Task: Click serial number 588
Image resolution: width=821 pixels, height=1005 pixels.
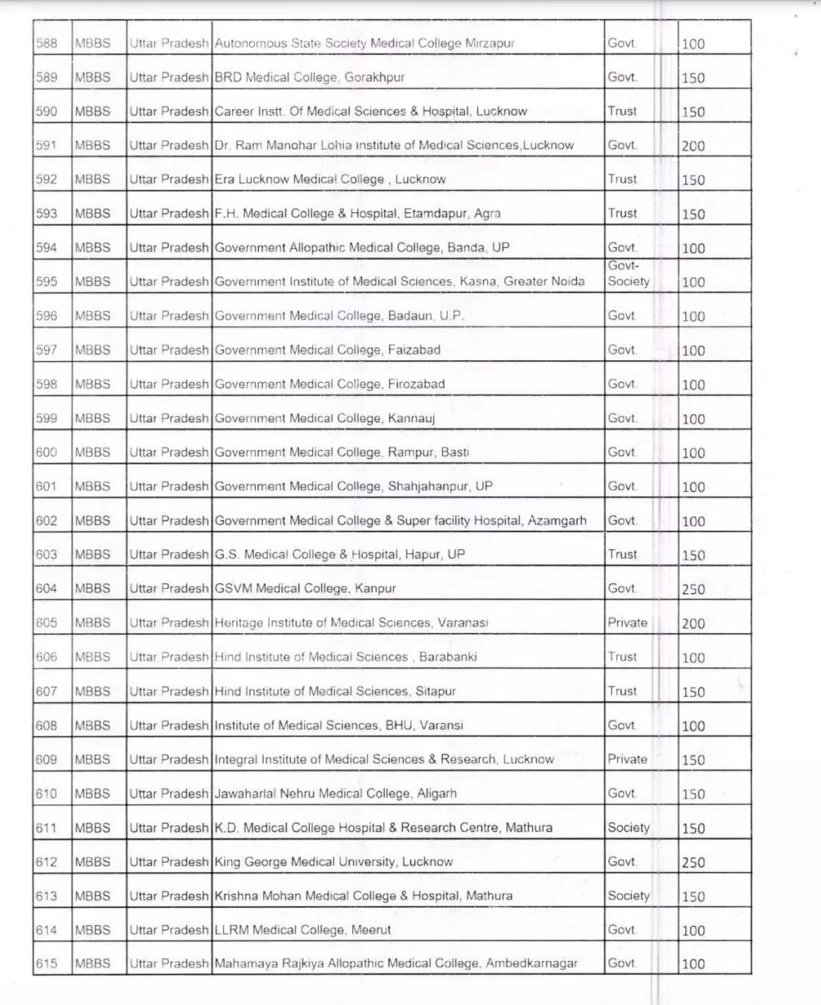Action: (x=46, y=43)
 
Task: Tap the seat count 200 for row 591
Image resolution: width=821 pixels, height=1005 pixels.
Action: (x=693, y=146)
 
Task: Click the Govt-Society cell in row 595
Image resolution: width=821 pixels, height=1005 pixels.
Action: (x=629, y=274)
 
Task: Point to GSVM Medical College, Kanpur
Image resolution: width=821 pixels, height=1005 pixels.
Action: (x=305, y=588)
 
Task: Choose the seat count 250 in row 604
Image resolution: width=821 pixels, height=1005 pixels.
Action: (x=693, y=589)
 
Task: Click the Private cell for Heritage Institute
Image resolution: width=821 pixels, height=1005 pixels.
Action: (x=627, y=622)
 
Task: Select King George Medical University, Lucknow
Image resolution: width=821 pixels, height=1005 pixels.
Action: (x=333, y=862)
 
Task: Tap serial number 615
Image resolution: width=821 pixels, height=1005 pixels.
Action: (x=46, y=963)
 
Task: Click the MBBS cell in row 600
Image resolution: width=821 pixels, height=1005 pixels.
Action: (x=92, y=453)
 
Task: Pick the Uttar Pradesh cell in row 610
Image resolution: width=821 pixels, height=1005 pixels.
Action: (x=169, y=794)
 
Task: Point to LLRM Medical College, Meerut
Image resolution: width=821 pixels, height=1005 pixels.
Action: (x=302, y=929)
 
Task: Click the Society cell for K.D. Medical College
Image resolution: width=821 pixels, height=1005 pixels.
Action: (x=629, y=827)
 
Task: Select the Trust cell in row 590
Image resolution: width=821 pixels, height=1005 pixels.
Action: (x=622, y=111)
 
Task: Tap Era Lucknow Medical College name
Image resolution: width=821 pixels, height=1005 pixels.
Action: (x=330, y=179)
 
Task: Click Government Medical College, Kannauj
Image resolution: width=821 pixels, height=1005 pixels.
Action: (x=325, y=418)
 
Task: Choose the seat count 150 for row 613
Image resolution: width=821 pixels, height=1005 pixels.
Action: (x=693, y=896)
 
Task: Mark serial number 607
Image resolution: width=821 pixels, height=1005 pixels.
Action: (x=46, y=691)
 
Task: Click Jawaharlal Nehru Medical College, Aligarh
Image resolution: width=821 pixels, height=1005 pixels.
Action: (x=336, y=794)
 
